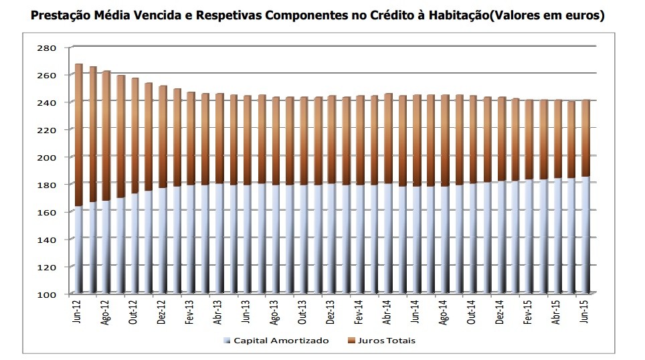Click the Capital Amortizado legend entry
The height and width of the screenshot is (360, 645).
click(x=280, y=341)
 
